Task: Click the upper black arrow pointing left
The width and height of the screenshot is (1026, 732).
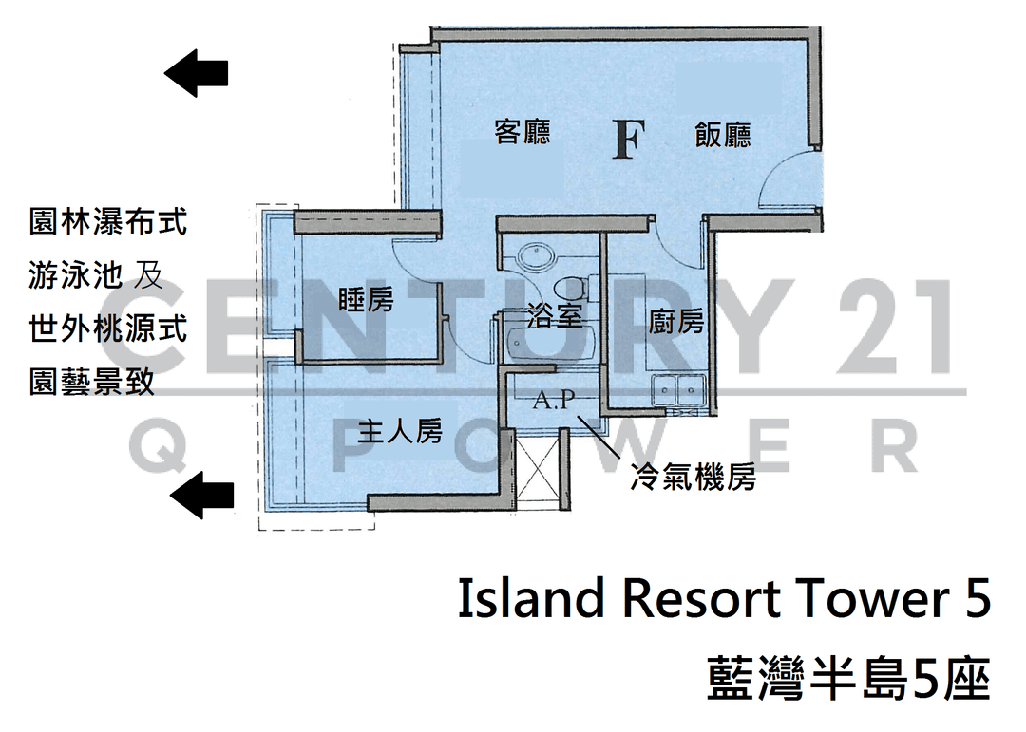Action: pyautogui.click(x=196, y=73)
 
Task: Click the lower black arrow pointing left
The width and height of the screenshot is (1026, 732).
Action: pyautogui.click(x=201, y=496)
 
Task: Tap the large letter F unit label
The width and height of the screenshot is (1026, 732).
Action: pyautogui.click(x=629, y=140)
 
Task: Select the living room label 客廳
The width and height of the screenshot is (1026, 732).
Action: pyautogui.click(x=522, y=131)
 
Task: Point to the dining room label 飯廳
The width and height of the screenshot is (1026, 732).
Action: pyautogui.click(x=722, y=136)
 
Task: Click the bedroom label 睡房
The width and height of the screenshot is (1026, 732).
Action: pyautogui.click(x=366, y=300)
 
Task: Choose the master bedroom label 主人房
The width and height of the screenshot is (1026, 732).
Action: pyautogui.click(x=401, y=431)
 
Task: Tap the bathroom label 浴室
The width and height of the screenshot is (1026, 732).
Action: pyautogui.click(x=554, y=316)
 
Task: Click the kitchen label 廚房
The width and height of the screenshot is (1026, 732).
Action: pyautogui.click(x=676, y=322)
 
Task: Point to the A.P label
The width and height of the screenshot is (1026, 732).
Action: pyautogui.click(x=554, y=399)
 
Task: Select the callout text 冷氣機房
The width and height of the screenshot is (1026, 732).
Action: pyautogui.click(x=693, y=477)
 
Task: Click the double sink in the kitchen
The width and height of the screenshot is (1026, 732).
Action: pyautogui.click(x=678, y=390)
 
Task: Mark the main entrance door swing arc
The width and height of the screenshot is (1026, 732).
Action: pyautogui.click(x=787, y=178)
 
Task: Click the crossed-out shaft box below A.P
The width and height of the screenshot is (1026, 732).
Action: pyautogui.click(x=538, y=469)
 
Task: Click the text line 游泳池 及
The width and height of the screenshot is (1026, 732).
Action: pyautogui.click(x=96, y=274)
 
